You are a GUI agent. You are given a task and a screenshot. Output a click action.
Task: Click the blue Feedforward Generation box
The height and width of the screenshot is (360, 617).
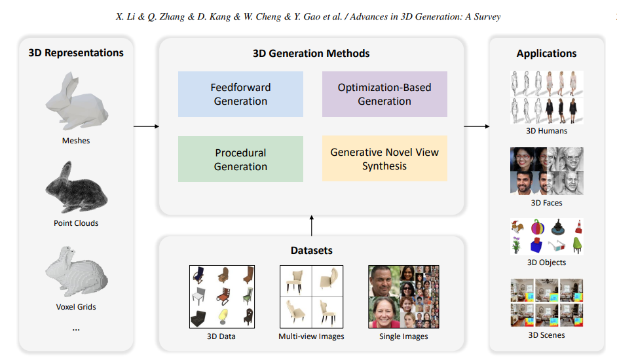240,94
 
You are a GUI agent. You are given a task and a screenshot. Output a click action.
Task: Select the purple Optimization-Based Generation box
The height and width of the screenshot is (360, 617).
384,94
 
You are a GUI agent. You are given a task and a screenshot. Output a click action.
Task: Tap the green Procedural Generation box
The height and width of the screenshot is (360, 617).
240,159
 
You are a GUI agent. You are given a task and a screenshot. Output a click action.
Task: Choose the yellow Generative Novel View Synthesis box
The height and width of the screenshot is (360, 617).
384,159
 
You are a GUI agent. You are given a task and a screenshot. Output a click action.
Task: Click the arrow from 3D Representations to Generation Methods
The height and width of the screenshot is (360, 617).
146,126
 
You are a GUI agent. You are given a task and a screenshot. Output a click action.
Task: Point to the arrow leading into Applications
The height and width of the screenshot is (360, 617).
477,126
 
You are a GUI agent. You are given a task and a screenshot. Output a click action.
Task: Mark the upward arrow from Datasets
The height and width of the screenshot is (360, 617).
311,226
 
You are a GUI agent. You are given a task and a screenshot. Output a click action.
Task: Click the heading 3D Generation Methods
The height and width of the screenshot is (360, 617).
311,54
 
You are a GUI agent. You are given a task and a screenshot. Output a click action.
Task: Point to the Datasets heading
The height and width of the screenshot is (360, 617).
311,251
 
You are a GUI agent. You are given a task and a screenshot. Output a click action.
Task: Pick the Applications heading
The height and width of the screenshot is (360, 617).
546,54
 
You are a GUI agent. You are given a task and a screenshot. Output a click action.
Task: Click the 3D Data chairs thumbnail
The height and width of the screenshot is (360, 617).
221,297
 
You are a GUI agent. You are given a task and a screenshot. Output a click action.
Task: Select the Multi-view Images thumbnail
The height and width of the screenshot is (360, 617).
311,297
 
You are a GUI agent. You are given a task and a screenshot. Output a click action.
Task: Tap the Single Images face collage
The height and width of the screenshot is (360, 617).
403,297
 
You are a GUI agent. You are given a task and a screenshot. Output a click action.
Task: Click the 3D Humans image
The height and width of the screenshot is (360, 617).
546,98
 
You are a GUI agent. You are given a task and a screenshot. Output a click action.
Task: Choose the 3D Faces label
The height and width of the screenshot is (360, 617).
546,203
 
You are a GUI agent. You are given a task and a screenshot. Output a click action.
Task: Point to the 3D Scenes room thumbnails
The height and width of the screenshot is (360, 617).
546,302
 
